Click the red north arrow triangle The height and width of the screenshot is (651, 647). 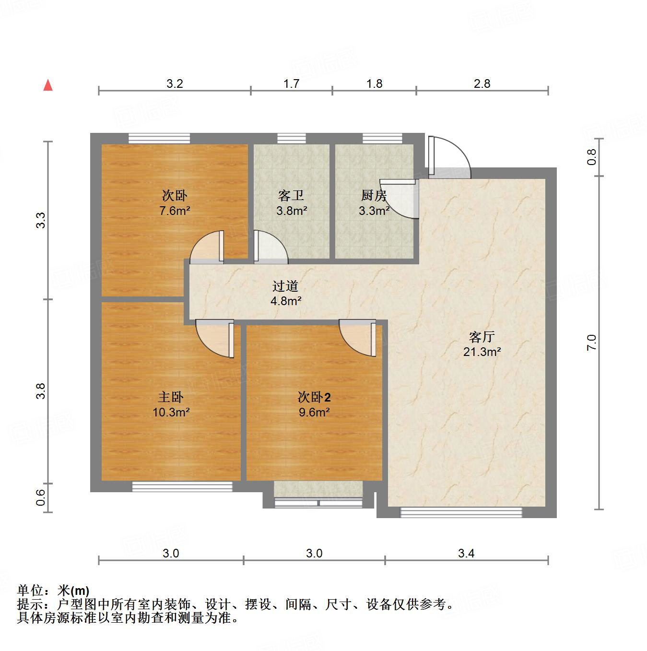point(48,85)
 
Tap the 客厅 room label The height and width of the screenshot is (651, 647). point(482,337)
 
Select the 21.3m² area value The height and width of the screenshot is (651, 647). point(482,352)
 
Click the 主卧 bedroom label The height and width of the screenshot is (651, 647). point(171,397)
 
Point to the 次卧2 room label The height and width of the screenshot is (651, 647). point(314,397)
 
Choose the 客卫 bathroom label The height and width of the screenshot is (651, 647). point(291,196)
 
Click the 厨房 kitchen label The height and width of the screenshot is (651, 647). point(374,196)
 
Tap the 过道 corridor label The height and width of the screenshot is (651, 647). point(285,286)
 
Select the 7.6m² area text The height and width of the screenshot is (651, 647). point(175,211)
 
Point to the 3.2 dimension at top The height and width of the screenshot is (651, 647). point(175,84)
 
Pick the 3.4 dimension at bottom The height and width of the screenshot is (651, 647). point(466,554)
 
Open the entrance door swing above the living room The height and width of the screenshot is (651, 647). point(448,156)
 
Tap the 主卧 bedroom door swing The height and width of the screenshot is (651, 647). point(216,338)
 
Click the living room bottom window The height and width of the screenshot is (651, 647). point(461,512)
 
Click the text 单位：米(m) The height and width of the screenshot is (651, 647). point(53,591)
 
